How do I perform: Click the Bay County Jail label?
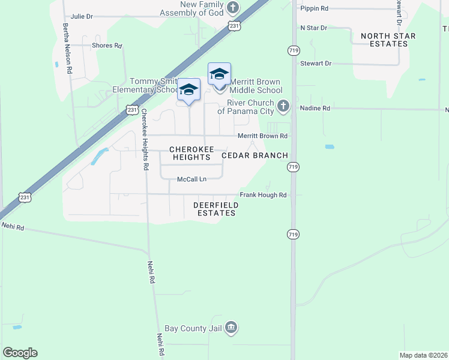(197, 328)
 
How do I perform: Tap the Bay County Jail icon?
(232, 328)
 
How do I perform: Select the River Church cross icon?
(284, 107)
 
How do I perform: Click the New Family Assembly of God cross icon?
(233, 8)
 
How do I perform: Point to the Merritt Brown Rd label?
(262, 136)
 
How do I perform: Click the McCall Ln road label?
(191, 179)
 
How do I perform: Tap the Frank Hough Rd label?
(264, 195)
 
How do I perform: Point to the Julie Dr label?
(82, 17)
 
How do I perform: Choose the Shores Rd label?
(107, 45)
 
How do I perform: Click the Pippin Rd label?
(315, 8)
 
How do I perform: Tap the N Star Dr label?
(313, 28)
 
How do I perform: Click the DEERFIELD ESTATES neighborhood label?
(216, 209)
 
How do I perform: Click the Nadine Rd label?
(318, 109)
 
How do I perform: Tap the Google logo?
(20, 352)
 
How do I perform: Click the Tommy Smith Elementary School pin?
(189, 91)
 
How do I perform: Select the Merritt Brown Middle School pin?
(219, 75)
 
